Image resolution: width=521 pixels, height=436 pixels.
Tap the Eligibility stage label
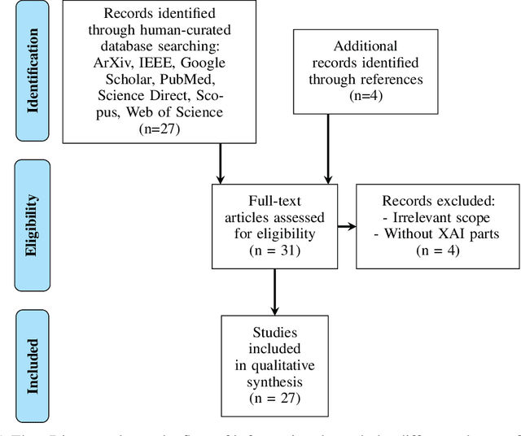click(33, 213)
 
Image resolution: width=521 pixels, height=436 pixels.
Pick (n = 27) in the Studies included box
click(273, 399)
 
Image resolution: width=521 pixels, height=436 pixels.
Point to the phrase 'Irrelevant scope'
click(436, 217)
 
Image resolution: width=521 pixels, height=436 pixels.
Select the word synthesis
click(273, 381)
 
